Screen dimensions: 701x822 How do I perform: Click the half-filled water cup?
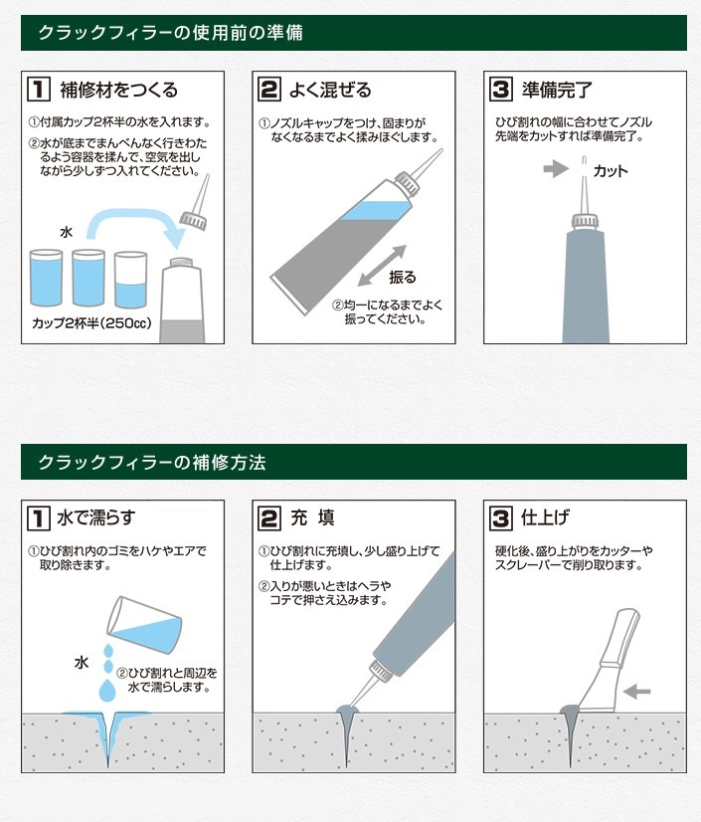point(130,280)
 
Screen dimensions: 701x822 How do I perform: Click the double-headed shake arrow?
point(382,266)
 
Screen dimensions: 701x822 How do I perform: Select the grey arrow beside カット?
point(556,169)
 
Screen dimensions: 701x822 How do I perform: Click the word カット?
point(611,171)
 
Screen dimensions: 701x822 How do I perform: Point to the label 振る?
point(403,277)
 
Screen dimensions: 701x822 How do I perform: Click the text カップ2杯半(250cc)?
point(91,322)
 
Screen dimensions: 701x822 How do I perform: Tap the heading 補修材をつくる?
point(119,90)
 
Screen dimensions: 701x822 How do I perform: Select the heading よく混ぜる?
point(330,90)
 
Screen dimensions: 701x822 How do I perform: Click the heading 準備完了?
point(557,90)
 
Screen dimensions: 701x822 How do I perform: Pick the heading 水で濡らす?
point(95,517)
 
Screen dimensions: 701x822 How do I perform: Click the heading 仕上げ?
point(545,517)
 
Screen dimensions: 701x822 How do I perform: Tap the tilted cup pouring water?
point(144,624)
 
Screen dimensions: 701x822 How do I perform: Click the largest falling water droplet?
point(108,691)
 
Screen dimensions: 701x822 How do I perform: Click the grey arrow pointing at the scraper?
point(636,692)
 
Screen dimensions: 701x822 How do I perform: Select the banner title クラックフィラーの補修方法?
point(152,463)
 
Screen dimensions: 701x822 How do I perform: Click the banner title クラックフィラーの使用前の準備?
point(170,33)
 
